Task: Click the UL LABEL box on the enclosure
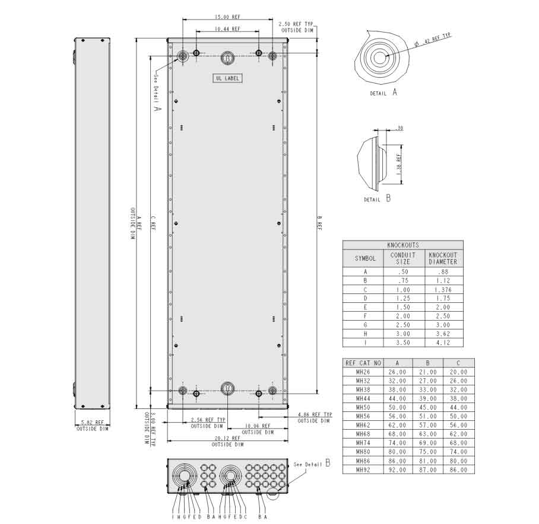(228, 78)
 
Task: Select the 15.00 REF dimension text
(227, 17)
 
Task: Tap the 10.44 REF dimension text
(227, 28)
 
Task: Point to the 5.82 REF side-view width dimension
(92, 423)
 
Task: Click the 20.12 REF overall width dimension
(227, 439)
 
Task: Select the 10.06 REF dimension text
(258, 426)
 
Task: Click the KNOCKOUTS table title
(402, 245)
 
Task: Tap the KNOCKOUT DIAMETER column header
(443, 258)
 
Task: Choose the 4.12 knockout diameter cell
(443, 343)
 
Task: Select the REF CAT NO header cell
(363, 363)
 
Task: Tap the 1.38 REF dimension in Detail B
(399, 162)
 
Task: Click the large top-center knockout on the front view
(227, 57)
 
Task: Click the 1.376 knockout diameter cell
(443, 289)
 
